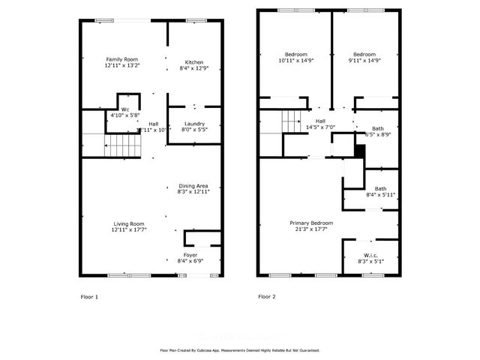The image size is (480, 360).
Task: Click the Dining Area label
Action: tap(193, 188)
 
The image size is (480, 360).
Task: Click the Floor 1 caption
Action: tap(89, 297)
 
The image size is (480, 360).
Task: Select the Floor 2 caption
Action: tap(267, 297)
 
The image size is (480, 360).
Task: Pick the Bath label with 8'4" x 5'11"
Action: tap(380, 191)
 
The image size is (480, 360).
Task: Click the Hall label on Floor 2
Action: tap(320, 124)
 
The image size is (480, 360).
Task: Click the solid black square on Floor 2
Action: tap(359, 151)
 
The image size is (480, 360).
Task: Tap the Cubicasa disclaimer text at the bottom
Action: tap(240, 350)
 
